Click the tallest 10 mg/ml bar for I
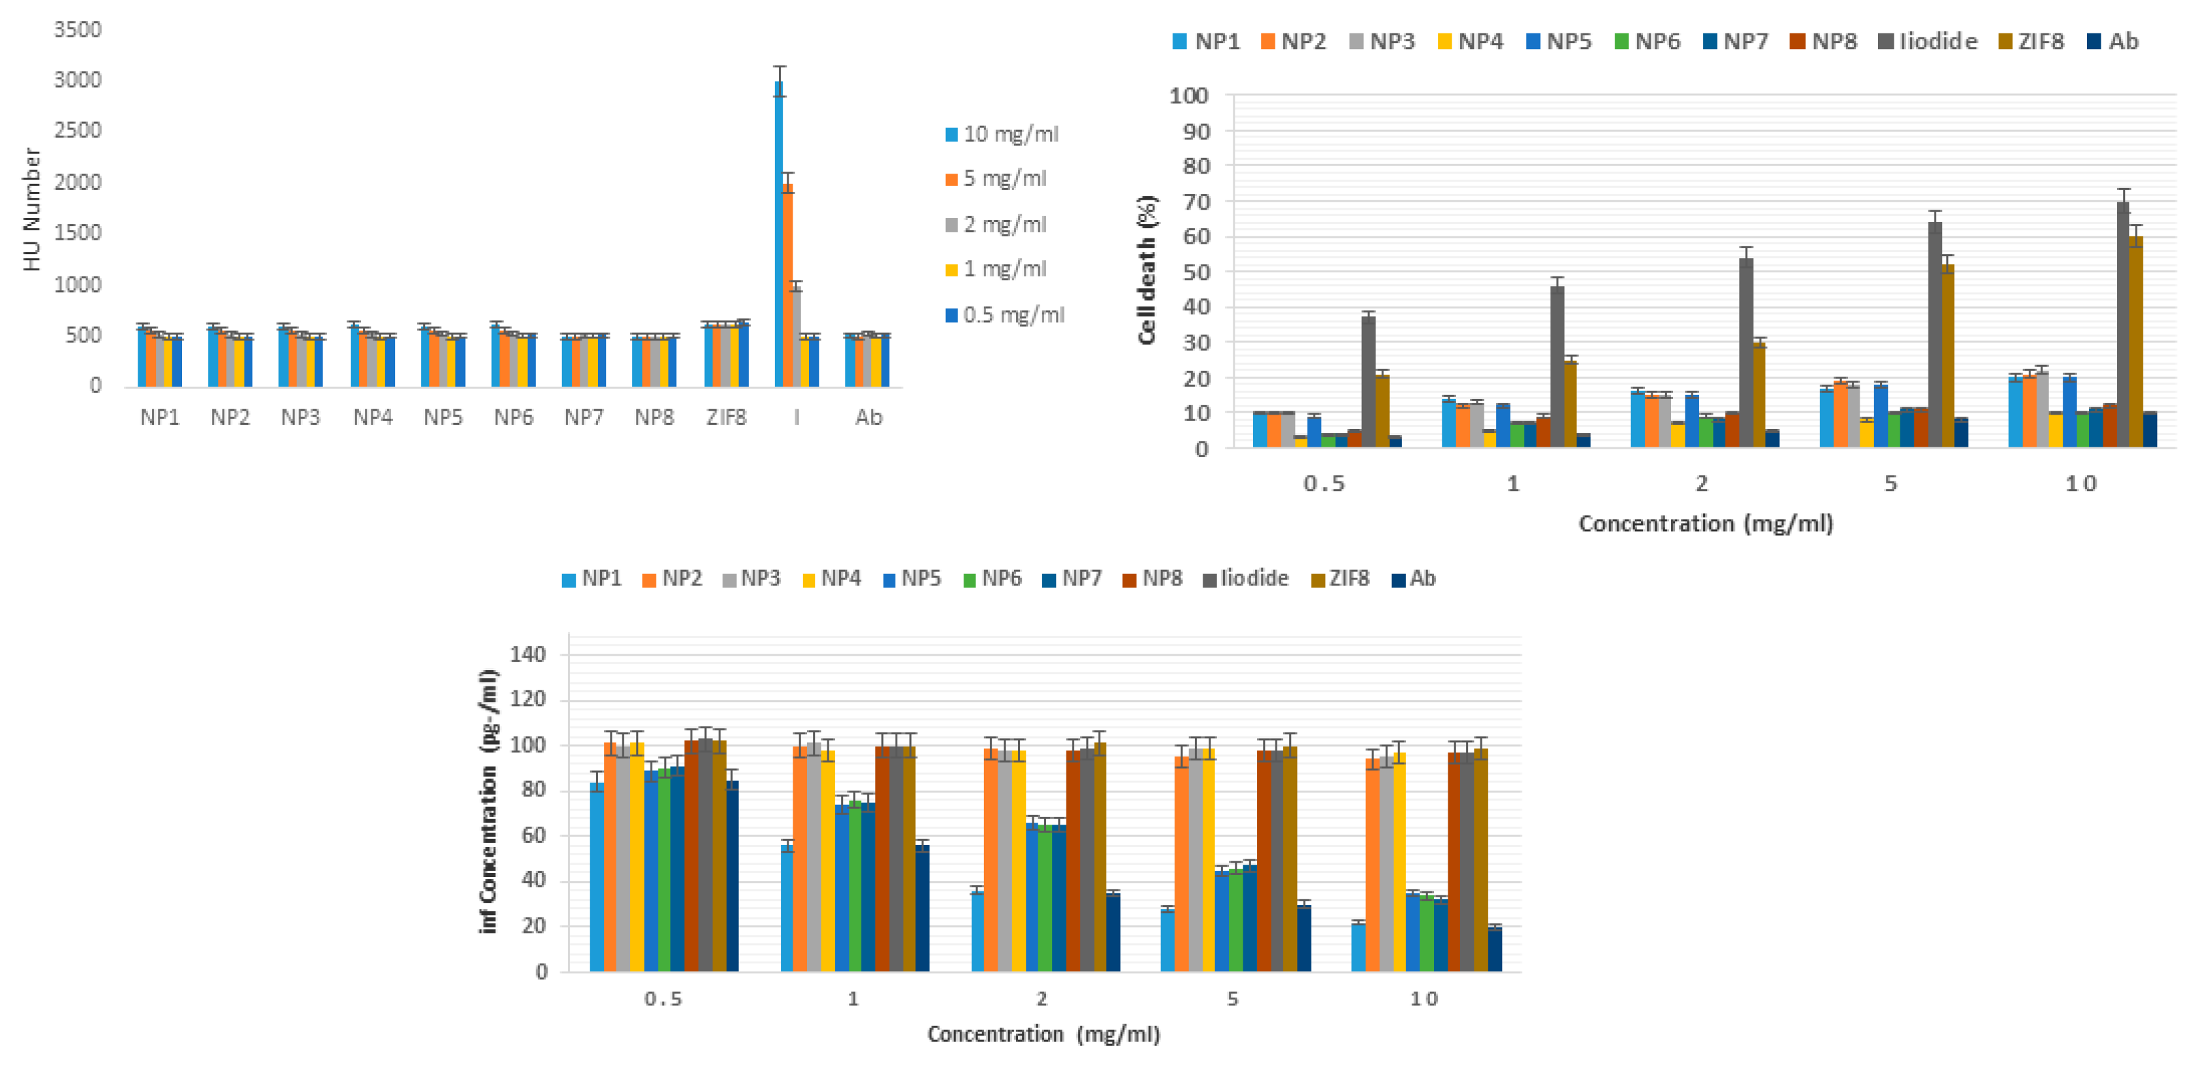[779, 234]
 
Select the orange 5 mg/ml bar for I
[788, 286]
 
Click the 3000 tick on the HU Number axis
[78, 80]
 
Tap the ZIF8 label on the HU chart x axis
[726, 417]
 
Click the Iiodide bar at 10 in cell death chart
[2123, 324]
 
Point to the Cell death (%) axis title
[1146, 270]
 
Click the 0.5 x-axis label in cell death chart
[1323, 484]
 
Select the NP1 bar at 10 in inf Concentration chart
[1358, 947]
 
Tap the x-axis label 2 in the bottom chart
[1042, 998]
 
